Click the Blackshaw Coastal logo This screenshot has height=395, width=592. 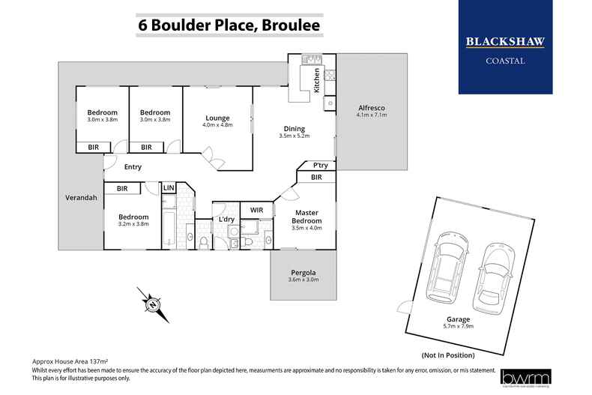tap(505, 48)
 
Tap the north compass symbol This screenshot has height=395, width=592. tap(152, 304)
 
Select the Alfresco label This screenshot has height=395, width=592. tap(370, 109)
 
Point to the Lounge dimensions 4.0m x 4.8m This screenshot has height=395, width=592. tap(217, 125)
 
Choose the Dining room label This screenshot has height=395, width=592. tap(294, 128)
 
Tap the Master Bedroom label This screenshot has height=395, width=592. tap(306, 217)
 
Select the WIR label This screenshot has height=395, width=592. tap(257, 209)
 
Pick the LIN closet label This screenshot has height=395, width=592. tap(169, 187)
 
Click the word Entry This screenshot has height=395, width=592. tap(133, 167)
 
